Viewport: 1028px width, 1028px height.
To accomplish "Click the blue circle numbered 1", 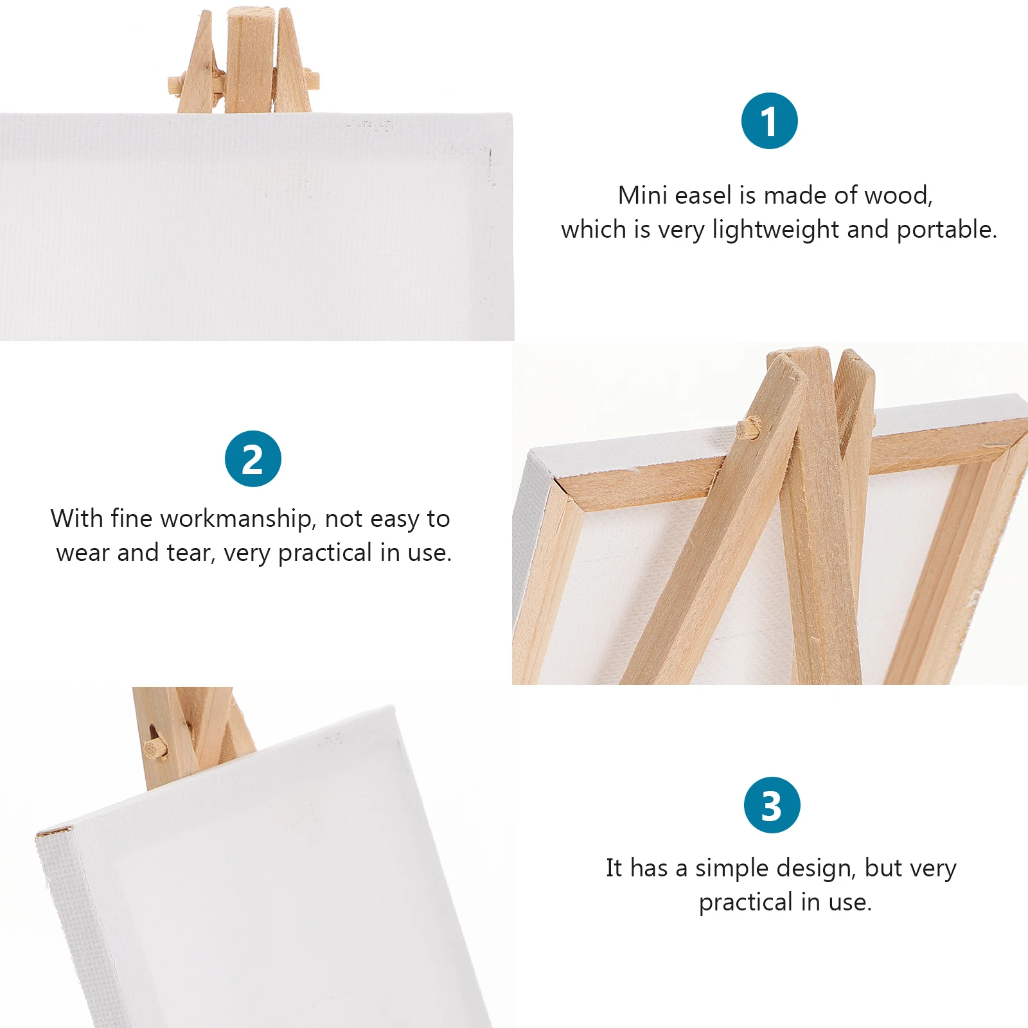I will click(769, 121).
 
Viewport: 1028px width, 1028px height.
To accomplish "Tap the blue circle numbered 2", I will click(253, 459).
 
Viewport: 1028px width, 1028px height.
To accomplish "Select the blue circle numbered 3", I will click(772, 805).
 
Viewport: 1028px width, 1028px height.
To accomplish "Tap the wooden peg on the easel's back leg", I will click(749, 427).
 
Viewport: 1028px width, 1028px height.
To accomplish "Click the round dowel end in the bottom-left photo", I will click(153, 749).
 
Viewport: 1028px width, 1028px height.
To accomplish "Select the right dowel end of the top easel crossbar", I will click(314, 80).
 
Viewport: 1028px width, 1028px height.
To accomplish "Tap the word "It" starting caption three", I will click(614, 869).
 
